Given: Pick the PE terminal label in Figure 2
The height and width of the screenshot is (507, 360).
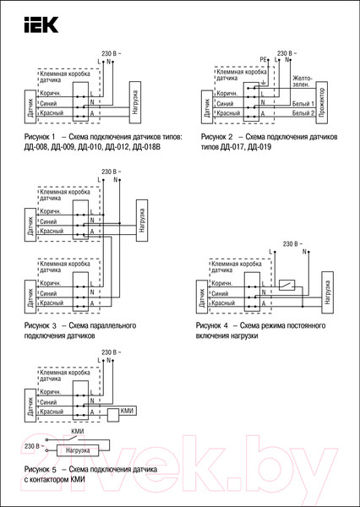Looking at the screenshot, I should pyautogui.click(x=264, y=60).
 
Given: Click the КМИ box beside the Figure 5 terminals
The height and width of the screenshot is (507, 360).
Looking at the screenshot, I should pyautogui.click(x=128, y=411).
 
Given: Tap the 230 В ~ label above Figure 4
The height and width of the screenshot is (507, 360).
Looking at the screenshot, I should pyautogui.click(x=294, y=243).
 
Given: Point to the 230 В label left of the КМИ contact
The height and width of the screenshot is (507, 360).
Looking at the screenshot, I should pyautogui.click(x=33, y=446).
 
